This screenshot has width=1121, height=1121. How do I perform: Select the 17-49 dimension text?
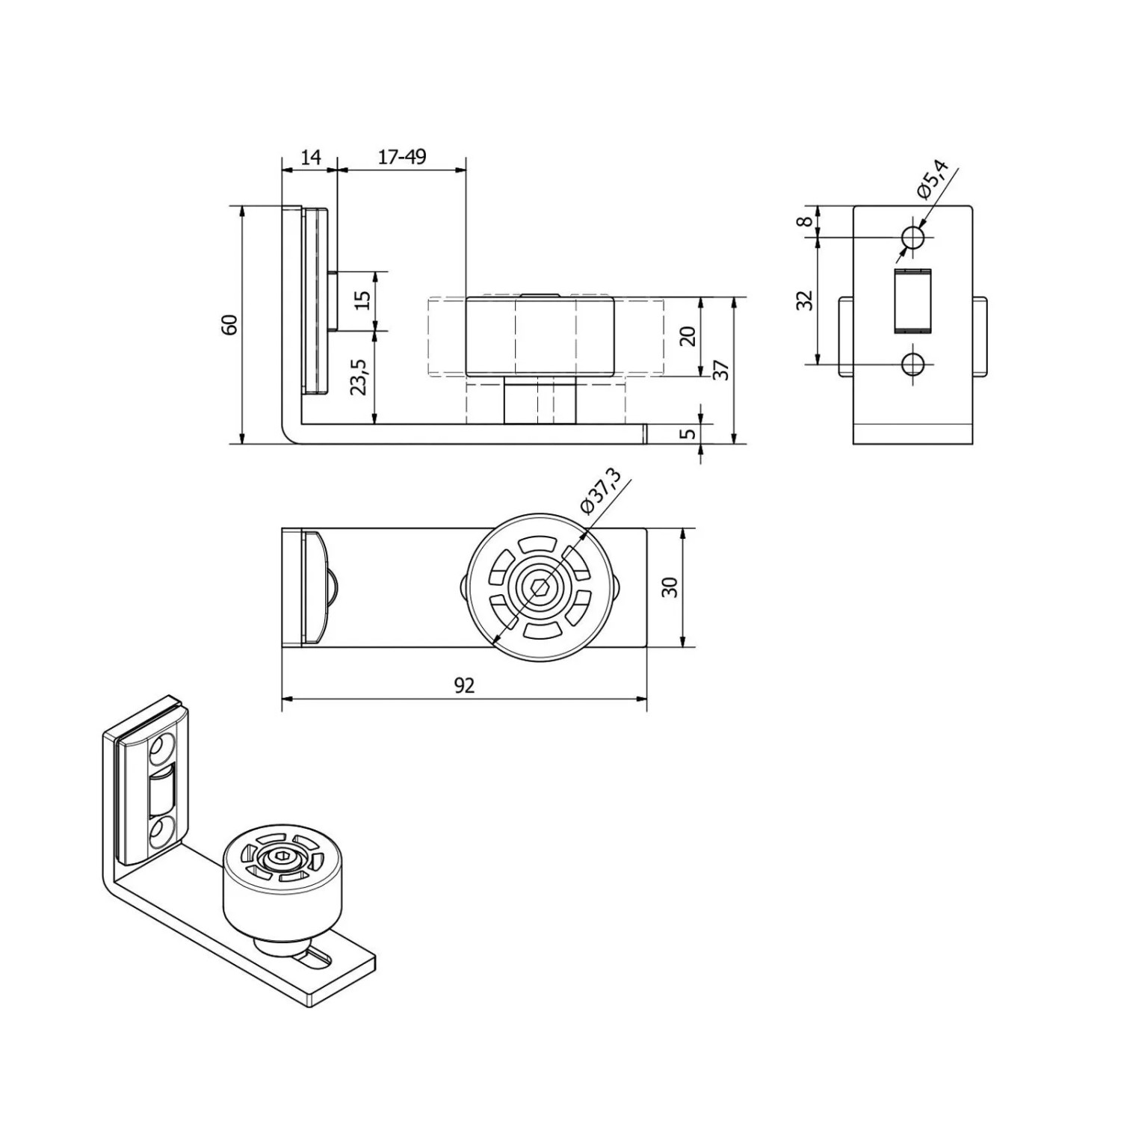click(x=402, y=157)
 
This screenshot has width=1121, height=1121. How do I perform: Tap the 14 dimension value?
click(x=309, y=157)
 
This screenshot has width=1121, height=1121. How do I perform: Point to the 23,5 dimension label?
click(x=359, y=377)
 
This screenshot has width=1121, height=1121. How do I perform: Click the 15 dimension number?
click(x=362, y=300)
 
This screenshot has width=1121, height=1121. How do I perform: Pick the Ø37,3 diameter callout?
click(x=600, y=490)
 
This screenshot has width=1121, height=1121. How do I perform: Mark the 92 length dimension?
click(x=464, y=685)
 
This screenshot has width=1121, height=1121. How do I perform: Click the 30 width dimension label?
click(x=670, y=587)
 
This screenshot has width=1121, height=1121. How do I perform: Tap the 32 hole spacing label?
click(x=804, y=300)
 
